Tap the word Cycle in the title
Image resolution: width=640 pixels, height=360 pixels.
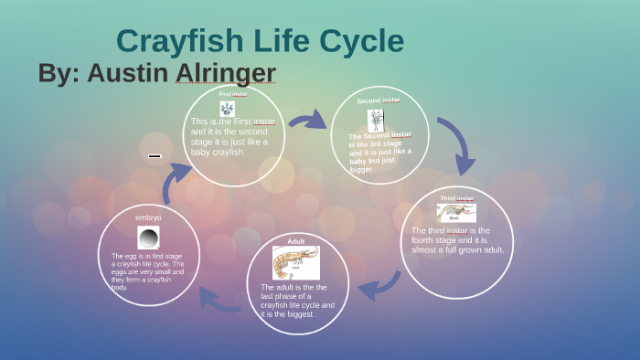360,41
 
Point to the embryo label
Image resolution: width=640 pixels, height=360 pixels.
148,217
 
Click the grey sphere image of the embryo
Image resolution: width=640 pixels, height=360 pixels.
148,238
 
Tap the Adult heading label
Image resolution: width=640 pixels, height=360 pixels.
296,241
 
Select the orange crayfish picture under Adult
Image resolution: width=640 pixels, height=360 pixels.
295,262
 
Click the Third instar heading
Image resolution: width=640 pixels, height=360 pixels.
456,198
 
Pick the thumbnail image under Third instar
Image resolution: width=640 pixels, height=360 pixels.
456,213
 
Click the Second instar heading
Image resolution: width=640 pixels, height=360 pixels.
378,101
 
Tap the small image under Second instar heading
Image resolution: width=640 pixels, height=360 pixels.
376,120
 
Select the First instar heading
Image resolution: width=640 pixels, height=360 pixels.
232,93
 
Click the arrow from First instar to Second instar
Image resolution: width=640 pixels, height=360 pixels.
307,120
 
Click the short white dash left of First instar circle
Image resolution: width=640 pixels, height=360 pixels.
155,156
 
